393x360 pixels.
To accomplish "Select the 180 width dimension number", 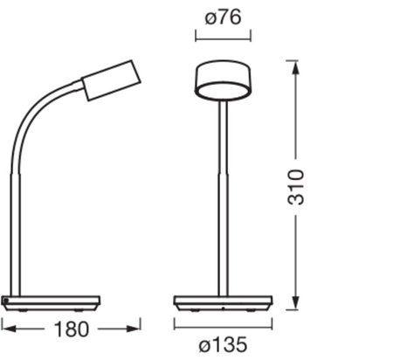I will point(71,329).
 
